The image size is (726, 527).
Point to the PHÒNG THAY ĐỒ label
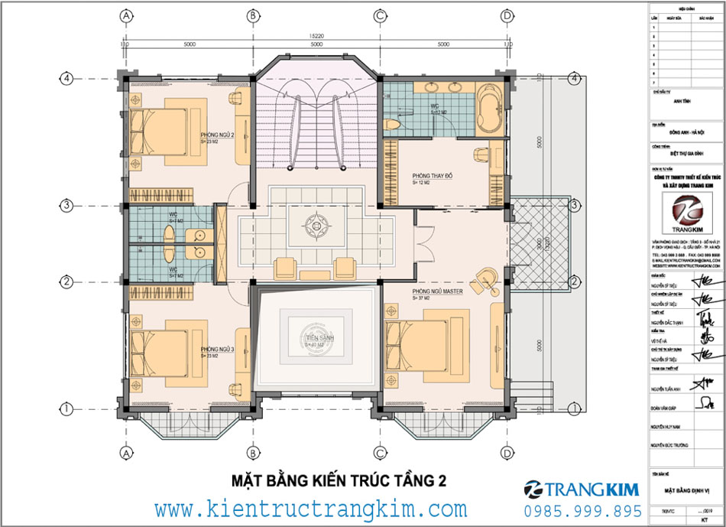[433, 176]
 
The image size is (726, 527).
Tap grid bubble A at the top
[126, 15]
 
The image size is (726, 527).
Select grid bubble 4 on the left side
[68, 77]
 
